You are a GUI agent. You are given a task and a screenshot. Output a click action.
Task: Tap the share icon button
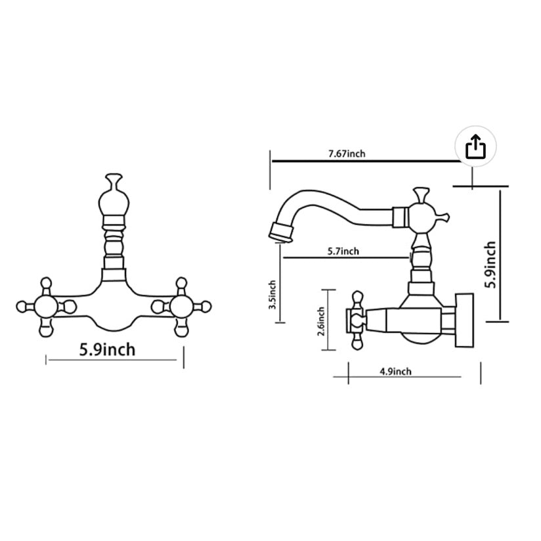click(475, 147)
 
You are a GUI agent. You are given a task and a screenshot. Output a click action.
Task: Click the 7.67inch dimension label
click(347, 154)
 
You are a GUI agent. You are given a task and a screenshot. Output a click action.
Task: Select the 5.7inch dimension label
click(343, 251)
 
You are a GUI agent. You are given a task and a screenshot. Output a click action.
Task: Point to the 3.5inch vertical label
click(273, 295)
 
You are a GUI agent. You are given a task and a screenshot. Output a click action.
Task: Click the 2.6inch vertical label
click(321, 321)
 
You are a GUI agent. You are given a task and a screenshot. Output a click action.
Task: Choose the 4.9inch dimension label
click(395, 372)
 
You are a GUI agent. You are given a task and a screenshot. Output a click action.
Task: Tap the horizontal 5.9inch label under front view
click(108, 349)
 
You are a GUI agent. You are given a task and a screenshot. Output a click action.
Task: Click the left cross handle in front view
click(45, 306)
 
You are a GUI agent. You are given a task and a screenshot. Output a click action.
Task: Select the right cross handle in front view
click(181, 306)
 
